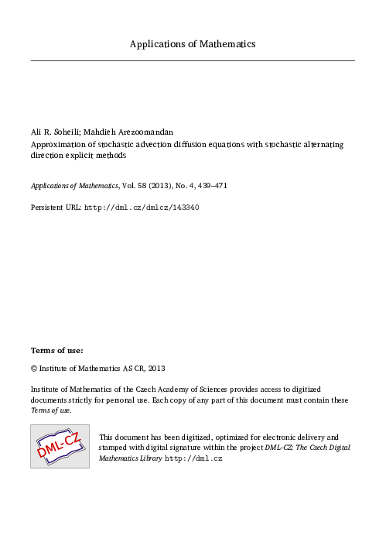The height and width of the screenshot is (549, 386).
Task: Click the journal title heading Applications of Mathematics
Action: [193, 44]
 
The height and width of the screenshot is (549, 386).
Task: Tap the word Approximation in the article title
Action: [58, 144]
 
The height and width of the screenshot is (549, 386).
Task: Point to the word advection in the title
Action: [162, 144]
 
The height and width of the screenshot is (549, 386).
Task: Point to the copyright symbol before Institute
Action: [34, 368]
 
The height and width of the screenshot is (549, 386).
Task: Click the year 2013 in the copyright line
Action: [155, 368]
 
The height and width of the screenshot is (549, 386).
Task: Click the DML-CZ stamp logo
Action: [60, 446]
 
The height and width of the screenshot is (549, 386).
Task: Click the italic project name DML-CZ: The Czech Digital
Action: [308, 448]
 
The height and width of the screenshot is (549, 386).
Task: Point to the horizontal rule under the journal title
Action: [193, 60]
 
